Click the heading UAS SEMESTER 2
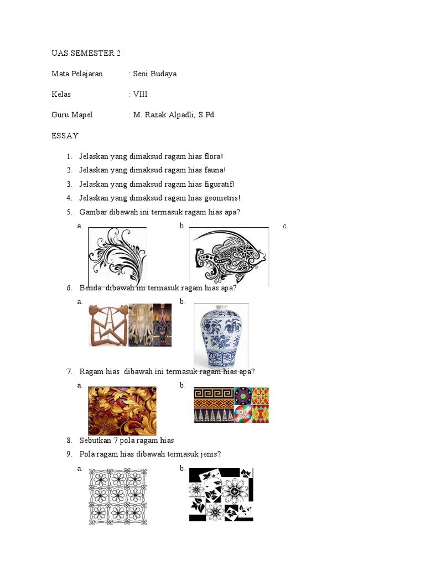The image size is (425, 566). pos(86,53)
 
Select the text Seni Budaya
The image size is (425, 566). pos(154,74)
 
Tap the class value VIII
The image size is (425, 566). pos(140,94)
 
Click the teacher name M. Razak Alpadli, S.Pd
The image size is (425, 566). pos(173,115)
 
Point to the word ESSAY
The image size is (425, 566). pos(65,135)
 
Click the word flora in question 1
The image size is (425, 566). pos(211,156)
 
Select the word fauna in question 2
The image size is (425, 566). pos(214,170)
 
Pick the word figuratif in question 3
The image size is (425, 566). pos(219,184)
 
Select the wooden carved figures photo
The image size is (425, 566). pos(130,325)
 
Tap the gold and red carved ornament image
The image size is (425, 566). pos(122,410)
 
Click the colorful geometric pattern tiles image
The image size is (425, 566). pos(231,405)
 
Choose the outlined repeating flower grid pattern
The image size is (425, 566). pos(118,496)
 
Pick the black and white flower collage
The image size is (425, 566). pos(221,494)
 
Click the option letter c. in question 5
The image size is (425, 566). pos(285,226)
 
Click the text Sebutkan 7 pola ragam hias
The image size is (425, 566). pos(127,441)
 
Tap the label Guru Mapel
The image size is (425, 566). pos(72,115)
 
